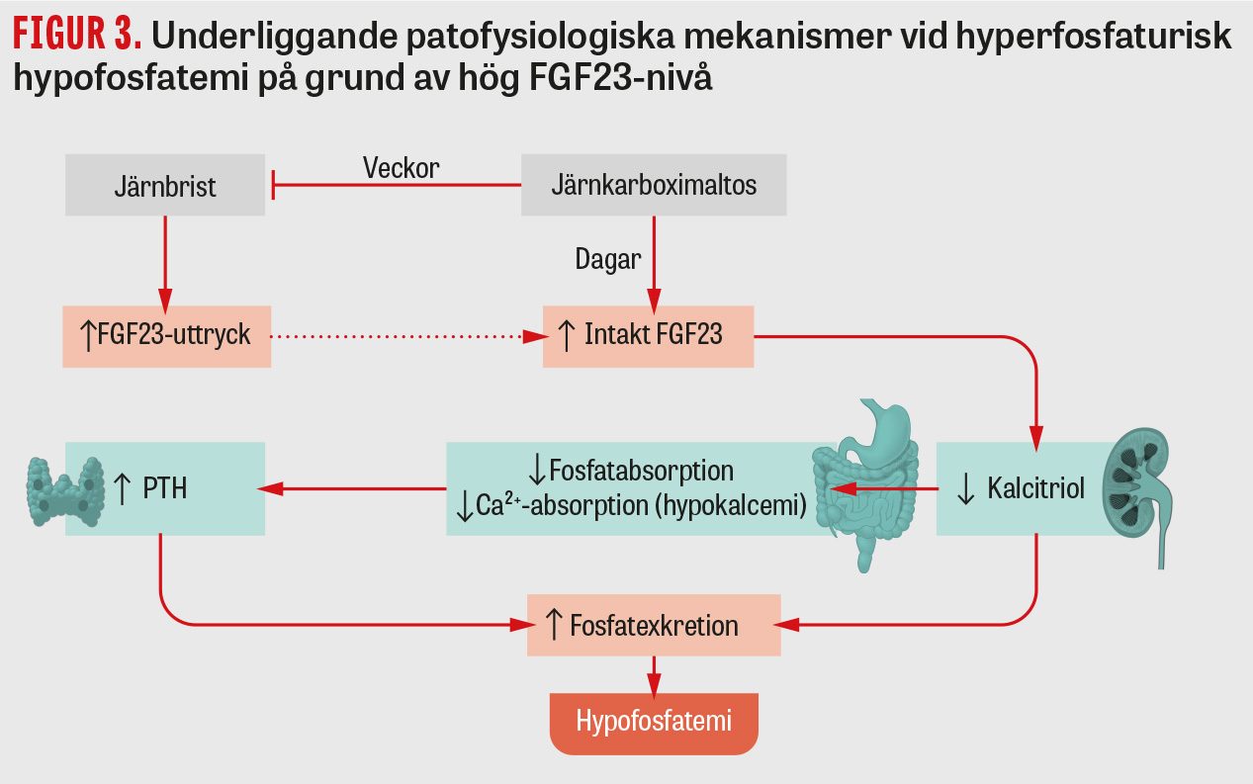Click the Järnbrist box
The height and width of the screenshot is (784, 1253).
165,185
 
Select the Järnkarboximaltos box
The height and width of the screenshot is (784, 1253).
654,185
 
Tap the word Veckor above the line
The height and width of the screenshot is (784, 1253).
402,168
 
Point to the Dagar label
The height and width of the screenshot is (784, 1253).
608,259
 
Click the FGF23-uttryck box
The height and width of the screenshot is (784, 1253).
167,337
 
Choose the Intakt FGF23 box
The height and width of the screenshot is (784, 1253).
649,337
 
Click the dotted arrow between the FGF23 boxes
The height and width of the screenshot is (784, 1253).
408,337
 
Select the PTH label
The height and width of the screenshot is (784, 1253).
164,488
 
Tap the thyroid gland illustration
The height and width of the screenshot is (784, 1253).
65,491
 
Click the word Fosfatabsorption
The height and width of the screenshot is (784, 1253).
641,471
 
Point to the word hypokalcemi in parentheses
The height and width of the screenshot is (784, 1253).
731,505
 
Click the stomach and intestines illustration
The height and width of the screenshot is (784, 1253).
865,483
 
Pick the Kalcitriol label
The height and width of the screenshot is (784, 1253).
1035,488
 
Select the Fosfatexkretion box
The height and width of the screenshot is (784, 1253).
654,625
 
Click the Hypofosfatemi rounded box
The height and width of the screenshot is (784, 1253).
654,724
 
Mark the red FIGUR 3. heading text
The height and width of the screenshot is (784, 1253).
77,34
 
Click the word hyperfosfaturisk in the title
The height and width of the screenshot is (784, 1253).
1094,36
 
